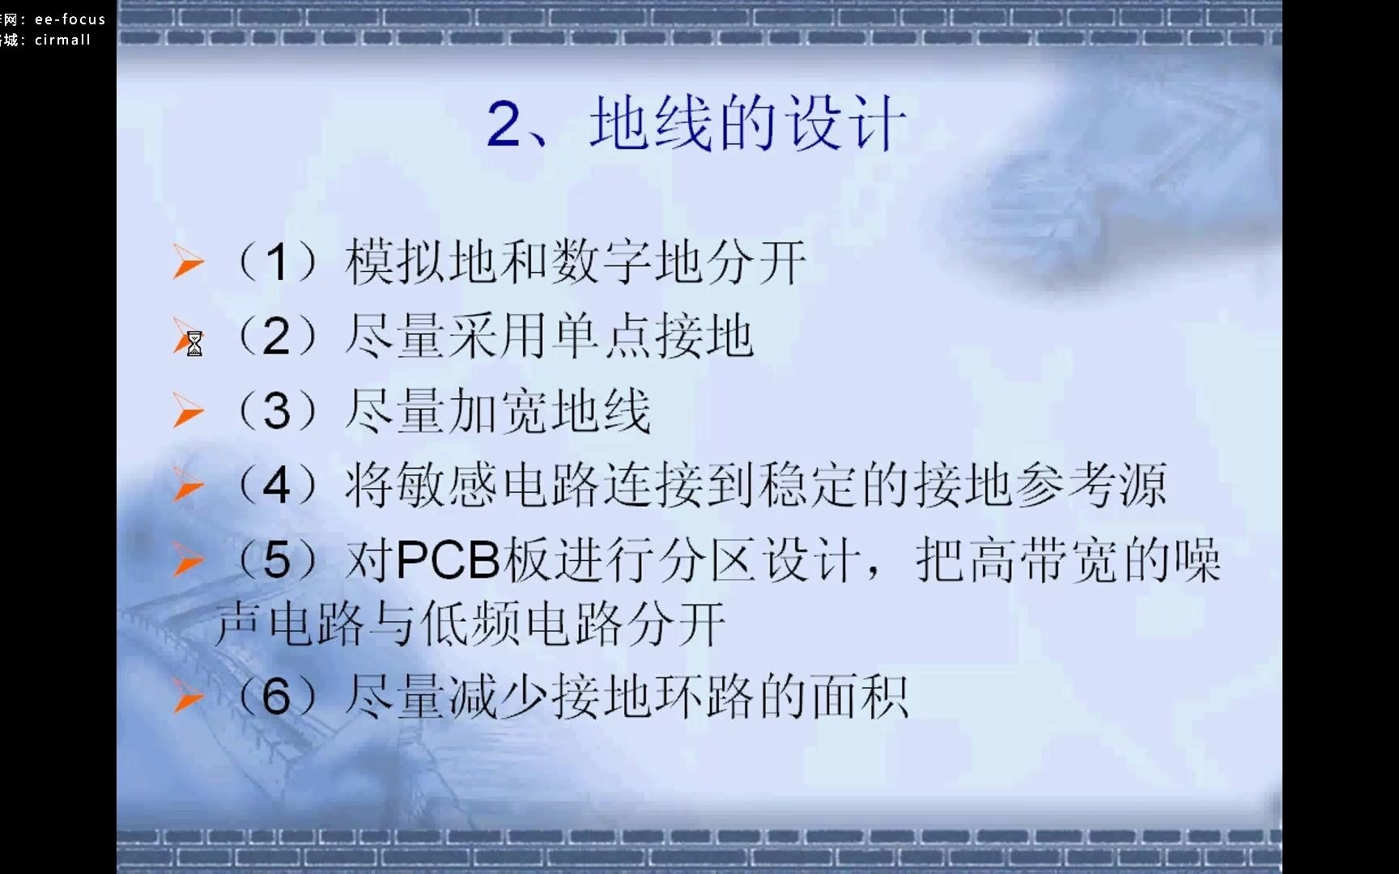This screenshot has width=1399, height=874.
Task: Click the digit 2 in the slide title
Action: tap(504, 125)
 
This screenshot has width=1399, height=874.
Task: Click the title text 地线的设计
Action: tap(748, 124)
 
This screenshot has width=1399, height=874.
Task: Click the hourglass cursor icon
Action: tap(194, 344)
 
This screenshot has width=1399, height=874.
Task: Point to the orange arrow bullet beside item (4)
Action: tap(188, 485)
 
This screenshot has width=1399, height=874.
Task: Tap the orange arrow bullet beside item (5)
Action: tap(188, 560)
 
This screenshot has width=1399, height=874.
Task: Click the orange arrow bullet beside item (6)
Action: tap(188, 697)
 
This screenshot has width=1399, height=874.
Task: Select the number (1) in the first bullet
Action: tap(276, 263)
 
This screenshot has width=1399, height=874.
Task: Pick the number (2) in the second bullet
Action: tap(276, 337)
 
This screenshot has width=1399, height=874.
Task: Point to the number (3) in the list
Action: tap(276, 411)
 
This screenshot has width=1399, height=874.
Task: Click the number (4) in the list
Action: tap(276, 486)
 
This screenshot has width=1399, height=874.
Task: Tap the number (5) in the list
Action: tap(276, 560)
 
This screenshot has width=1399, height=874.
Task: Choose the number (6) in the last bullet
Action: tap(276, 697)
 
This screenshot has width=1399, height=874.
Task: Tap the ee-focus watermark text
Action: tap(70, 19)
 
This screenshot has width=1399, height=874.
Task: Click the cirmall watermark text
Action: tap(62, 40)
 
